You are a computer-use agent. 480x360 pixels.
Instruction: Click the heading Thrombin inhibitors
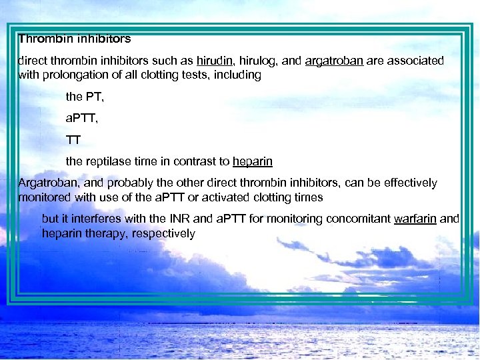tap(75, 39)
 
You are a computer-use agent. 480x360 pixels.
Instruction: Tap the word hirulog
tap(255, 61)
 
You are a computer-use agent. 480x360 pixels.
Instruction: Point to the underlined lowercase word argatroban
tap(334, 61)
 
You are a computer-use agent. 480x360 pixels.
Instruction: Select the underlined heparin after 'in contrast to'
tap(253, 161)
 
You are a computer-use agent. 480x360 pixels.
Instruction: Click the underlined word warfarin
tap(415, 219)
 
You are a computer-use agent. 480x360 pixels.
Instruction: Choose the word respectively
tap(165, 233)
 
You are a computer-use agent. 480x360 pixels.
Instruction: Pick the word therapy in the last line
tap(101, 233)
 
